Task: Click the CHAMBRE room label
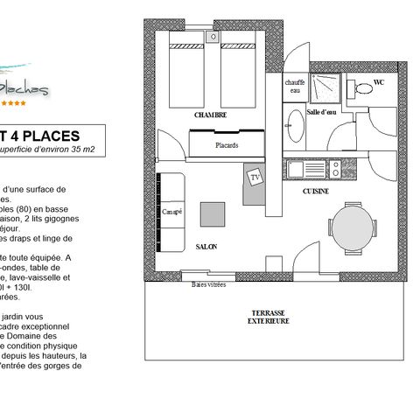point(211,115)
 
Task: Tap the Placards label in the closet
point(227,144)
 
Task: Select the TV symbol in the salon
point(255,177)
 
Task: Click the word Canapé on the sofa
point(171,211)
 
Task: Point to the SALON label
point(206,248)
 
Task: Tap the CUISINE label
point(315,190)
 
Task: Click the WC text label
point(379,83)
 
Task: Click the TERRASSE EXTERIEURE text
point(267,316)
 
